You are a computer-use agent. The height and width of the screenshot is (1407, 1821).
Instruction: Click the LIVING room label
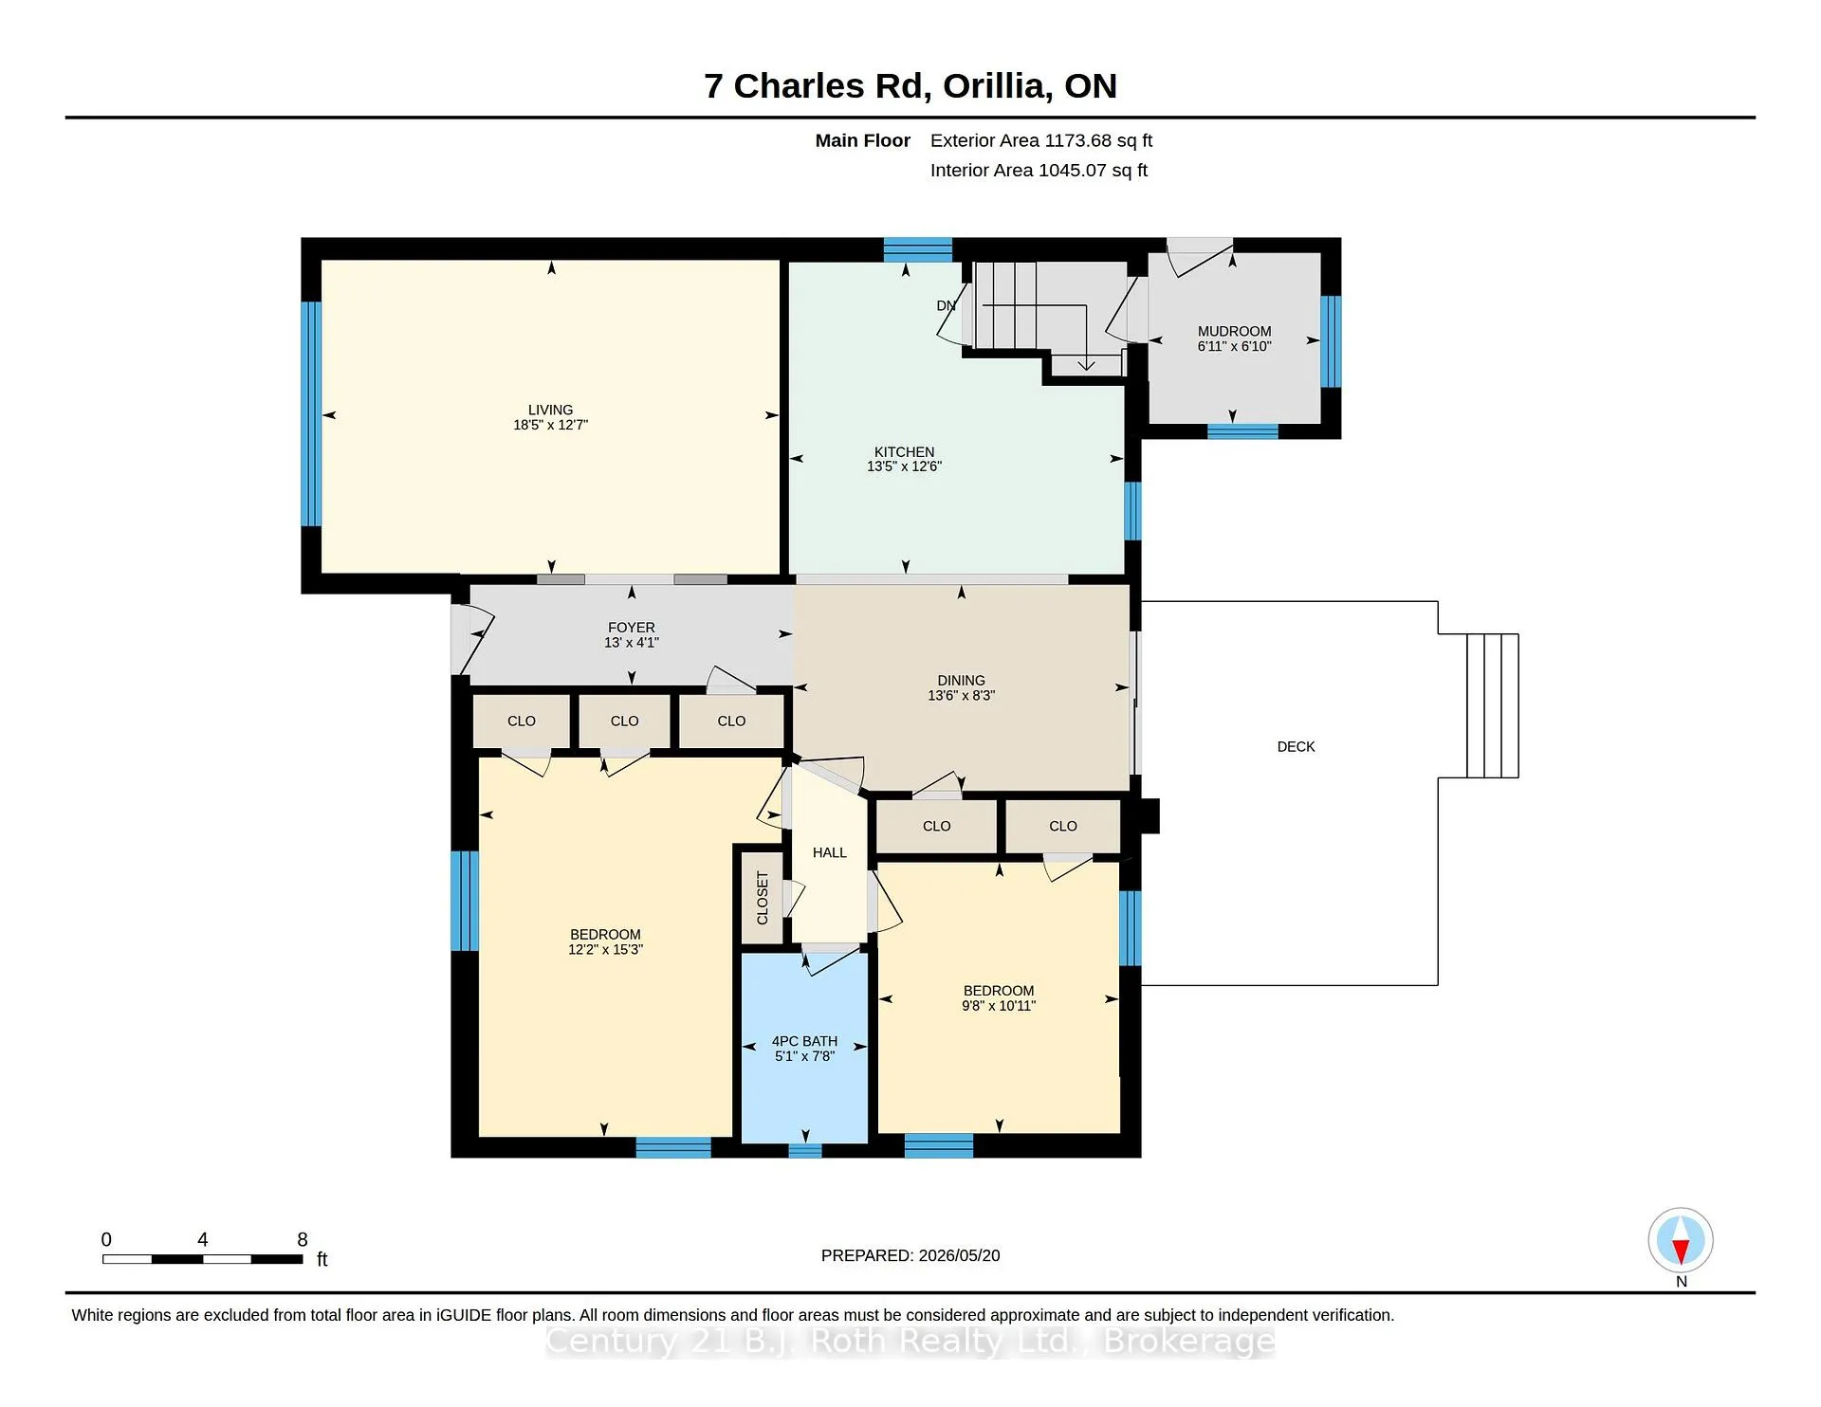coord(550,410)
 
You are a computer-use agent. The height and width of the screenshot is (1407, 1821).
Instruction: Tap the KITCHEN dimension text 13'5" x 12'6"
coord(904,466)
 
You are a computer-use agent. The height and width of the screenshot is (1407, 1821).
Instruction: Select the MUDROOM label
coord(1234,331)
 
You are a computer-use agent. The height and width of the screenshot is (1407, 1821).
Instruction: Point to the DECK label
coord(1296,747)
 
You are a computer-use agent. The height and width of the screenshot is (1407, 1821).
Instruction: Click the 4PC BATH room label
coord(804,1041)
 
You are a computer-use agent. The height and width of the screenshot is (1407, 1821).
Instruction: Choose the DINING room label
coord(961,681)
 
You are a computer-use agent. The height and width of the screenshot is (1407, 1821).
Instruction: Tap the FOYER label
coord(632,628)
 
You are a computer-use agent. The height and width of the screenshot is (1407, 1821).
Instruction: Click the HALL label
coord(830,853)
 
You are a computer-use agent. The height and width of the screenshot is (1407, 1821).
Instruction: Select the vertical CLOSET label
coord(763,898)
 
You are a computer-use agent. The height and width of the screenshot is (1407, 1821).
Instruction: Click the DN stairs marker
coord(946,305)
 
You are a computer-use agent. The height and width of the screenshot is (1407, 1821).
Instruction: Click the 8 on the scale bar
coord(303,1239)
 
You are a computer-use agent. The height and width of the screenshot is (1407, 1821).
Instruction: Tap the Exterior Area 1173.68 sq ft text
coord(1041,140)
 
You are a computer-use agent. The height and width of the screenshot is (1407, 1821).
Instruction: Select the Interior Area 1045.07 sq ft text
coord(1039,171)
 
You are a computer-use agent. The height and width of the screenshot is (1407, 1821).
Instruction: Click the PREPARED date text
coord(910,1255)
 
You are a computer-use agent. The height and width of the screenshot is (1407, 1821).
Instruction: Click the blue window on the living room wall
coord(311,413)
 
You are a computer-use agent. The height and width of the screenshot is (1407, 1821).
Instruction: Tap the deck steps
coord(1493,705)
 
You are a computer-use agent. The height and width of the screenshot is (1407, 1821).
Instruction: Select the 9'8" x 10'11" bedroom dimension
coord(999,1006)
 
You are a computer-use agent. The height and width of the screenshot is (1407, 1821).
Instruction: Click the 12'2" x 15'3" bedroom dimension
coord(605,950)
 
